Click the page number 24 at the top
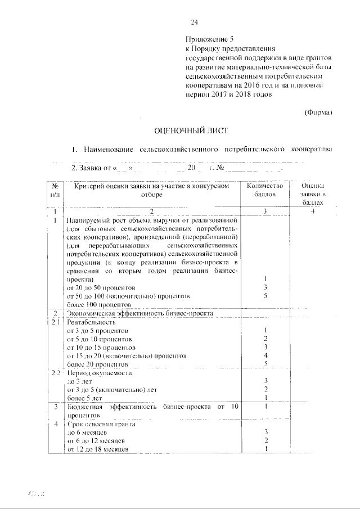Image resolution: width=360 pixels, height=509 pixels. (195, 22)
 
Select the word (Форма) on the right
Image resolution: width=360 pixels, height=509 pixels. (318, 112)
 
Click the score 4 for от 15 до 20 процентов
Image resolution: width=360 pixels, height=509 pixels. (265, 356)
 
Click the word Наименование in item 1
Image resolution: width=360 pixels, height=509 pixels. (107, 150)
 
